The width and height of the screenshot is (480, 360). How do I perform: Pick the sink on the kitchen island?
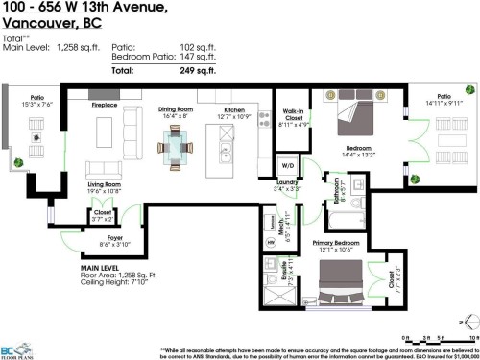coord(224,153)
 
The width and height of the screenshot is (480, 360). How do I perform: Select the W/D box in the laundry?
coord(288,166)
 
